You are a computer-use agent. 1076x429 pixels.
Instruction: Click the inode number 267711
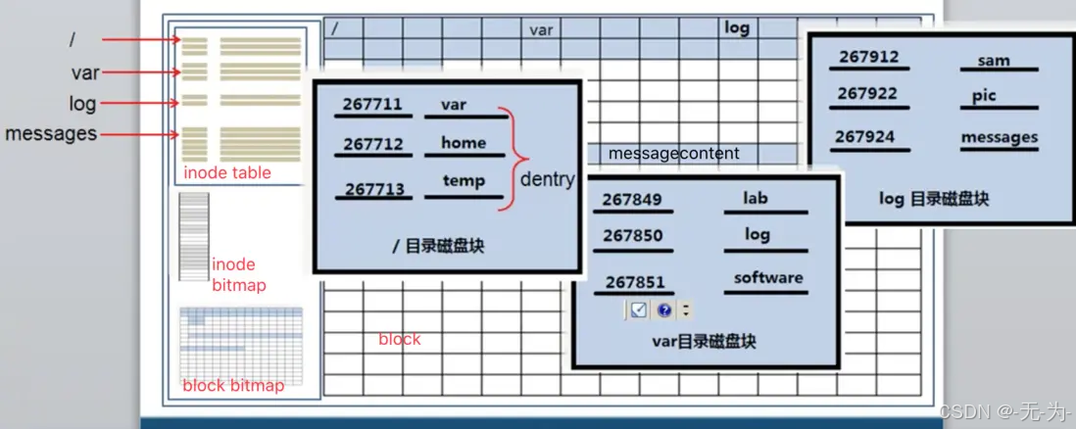tap(373, 105)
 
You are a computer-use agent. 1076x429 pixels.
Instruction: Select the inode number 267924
tap(866, 137)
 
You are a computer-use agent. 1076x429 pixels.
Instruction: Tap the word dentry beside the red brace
tap(547, 179)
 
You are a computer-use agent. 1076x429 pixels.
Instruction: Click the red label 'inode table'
tap(227, 173)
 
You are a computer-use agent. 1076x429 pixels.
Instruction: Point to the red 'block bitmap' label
tap(233, 385)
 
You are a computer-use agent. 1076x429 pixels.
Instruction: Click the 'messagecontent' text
tap(674, 154)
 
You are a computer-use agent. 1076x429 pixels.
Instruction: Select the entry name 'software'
tap(768, 277)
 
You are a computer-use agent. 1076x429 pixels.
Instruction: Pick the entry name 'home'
tap(464, 143)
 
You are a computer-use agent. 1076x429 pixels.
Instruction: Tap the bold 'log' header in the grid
tap(737, 28)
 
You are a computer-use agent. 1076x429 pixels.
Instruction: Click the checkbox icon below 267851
tap(638, 310)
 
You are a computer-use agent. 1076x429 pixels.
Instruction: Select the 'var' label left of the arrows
tap(85, 72)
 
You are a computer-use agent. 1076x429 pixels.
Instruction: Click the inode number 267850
tap(632, 236)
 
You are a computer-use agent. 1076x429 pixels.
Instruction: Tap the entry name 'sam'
tap(994, 60)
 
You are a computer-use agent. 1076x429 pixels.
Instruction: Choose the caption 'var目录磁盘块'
tap(704, 342)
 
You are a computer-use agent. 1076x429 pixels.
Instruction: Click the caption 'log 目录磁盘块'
tap(934, 199)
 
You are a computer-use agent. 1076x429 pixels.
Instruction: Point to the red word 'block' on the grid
tap(399, 339)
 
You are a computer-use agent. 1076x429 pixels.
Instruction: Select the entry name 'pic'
tap(984, 96)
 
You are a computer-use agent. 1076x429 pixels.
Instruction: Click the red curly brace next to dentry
tap(507, 159)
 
